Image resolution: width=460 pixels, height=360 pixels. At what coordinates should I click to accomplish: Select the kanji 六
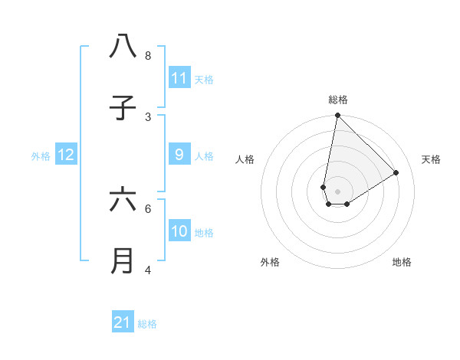pos(123,200)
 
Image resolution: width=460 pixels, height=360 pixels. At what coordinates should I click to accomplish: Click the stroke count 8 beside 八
pos(148,55)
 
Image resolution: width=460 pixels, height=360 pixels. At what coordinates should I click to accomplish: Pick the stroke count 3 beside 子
pos(148,116)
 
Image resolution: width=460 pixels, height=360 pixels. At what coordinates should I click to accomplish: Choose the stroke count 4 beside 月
pos(148,270)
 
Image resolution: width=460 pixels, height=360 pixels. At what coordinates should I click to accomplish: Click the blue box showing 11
pos(179,78)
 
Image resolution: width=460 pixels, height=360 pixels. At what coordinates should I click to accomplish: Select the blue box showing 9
pos(179,155)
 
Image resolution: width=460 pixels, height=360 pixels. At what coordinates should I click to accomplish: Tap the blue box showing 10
pos(179,231)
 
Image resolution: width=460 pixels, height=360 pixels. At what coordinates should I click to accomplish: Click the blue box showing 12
pos(66,155)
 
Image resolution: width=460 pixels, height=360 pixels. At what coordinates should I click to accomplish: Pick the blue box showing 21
pos(123,322)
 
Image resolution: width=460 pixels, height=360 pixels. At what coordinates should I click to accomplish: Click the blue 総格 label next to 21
pos(147,324)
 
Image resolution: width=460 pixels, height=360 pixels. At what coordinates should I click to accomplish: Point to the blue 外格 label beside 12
pos(41,156)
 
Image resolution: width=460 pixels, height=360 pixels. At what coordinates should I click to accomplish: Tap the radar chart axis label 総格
pos(338,100)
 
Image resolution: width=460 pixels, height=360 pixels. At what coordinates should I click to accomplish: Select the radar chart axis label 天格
pos(431,159)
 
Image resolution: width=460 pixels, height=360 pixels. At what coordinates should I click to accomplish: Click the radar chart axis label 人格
pos(245,159)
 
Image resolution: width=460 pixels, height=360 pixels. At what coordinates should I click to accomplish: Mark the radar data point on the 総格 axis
pos(337,116)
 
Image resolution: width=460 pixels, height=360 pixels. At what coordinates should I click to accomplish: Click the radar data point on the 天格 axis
pos(396,173)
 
